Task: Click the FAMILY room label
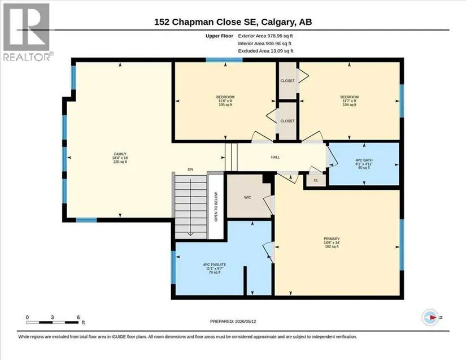pos(120,154)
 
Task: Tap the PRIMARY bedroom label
pos(332,238)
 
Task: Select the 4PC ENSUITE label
pos(215,264)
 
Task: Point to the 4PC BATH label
pos(364,160)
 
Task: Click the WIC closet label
pos(247,197)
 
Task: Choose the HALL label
pos(275,157)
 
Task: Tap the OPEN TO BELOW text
pos(216,207)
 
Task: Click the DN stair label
pos(190,169)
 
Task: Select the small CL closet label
pos(316,180)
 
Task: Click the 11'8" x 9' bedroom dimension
pos(225,101)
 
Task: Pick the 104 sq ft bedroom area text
pos(350,105)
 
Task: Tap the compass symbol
pos(430,318)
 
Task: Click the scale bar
pos(52,322)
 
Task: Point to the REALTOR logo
pos(27,32)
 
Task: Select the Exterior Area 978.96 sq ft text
pos(265,36)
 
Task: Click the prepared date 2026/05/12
pos(246,322)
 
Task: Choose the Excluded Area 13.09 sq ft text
pos(265,51)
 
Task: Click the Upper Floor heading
pos(219,36)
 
